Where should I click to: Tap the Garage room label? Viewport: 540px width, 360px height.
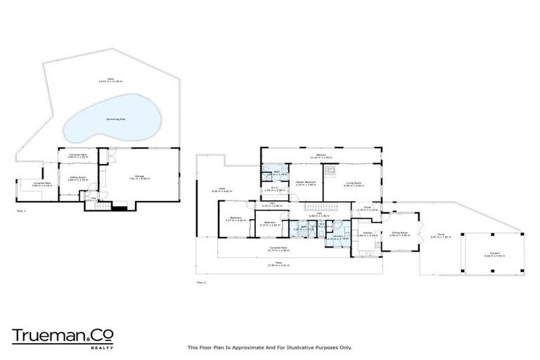[139, 176]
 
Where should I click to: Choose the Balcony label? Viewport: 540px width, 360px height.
[321, 155]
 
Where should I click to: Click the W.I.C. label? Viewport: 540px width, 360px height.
[276, 188]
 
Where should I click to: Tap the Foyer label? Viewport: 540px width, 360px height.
[367, 208]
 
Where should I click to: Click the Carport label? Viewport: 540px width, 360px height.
[491, 253]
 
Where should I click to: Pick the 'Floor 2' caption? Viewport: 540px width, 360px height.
[200, 282]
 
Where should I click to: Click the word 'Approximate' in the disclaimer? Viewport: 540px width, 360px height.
[244, 347]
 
